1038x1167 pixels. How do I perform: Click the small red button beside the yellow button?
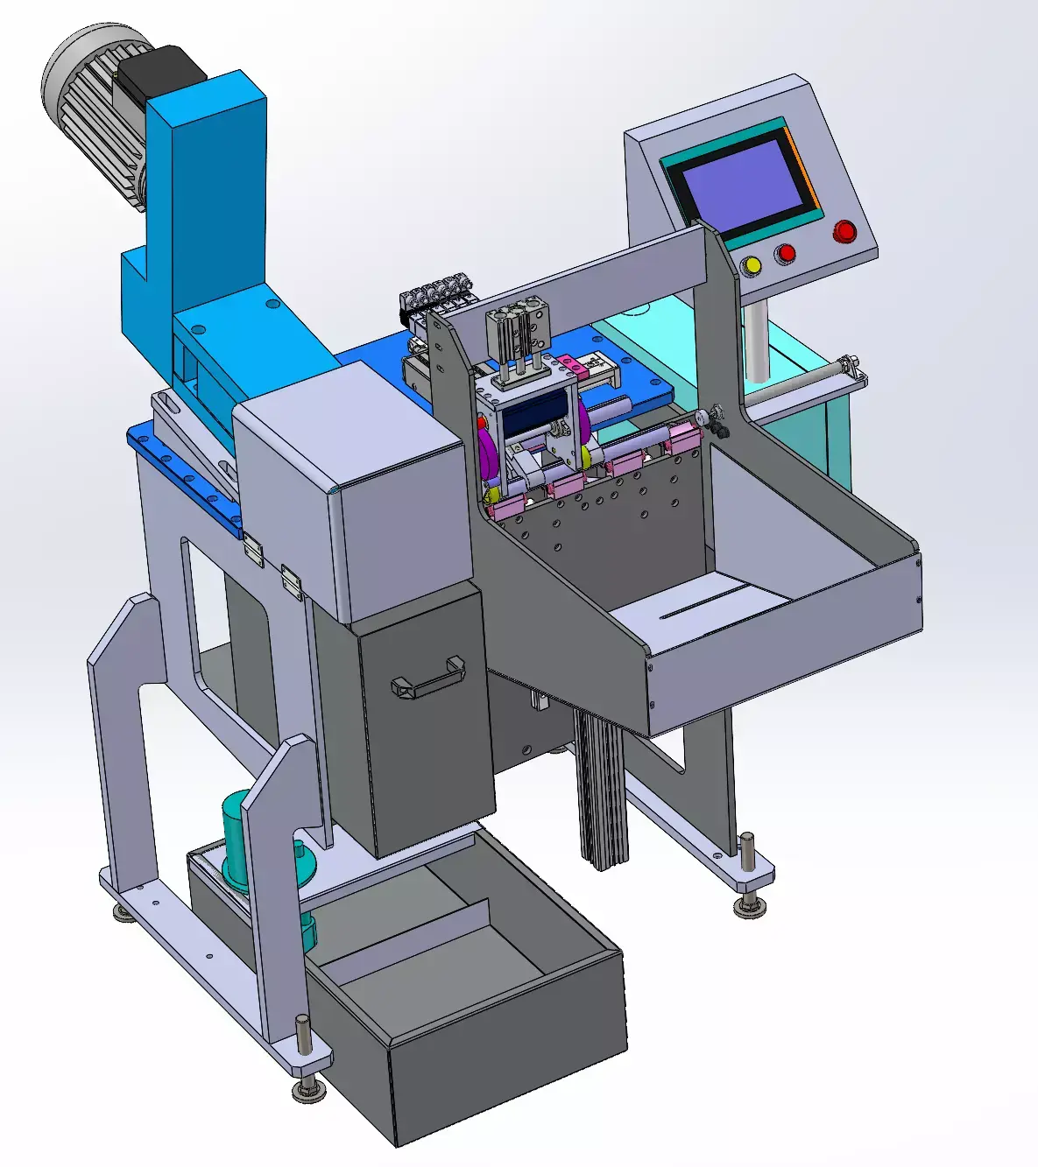coord(786,253)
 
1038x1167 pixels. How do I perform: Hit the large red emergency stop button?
coord(844,231)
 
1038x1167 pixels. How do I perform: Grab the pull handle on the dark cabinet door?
coord(428,678)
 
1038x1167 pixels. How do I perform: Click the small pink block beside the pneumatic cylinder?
coord(569,362)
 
